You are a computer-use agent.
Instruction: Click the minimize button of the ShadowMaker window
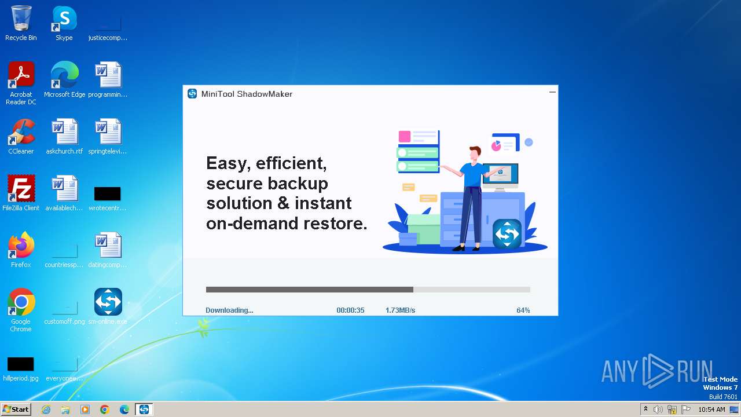click(x=552, y=92)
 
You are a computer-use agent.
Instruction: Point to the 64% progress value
click(x=523, y=310)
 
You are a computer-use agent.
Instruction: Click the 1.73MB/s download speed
click(x=400, y=310)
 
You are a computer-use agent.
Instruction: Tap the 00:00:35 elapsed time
click(x=350, y=310)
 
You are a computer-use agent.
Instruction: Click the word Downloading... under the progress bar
click(x=229, y=310)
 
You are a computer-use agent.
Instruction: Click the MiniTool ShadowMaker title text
click(x=247, y=94)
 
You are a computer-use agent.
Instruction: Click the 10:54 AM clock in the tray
click(x=711, y=409)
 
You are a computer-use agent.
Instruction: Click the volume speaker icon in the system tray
click(x=658, y=409)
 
